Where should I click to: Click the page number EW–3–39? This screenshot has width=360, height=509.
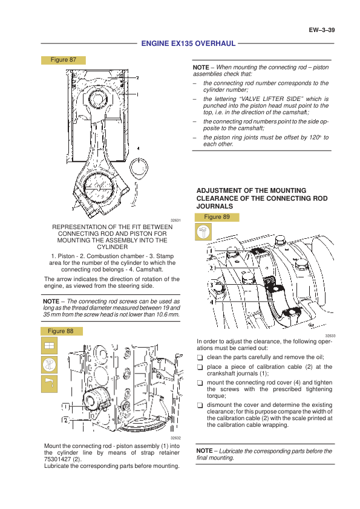322,30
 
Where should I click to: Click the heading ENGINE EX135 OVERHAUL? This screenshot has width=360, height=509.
188,44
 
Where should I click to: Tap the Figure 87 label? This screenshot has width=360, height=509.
64,60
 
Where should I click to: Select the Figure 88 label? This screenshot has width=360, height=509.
61,331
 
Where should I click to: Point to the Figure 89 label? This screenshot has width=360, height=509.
217,217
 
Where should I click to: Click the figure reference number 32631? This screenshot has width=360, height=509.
175,221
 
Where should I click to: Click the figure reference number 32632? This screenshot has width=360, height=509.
175,438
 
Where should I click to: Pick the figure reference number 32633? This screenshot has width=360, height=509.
330,336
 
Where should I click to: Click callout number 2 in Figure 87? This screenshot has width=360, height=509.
137,78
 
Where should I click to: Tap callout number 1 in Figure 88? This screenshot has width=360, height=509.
65,407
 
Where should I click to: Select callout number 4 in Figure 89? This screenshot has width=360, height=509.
212,302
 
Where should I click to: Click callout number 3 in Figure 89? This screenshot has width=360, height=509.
212,285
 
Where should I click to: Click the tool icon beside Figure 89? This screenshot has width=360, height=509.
203,232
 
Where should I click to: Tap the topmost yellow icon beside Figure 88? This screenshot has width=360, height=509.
49,345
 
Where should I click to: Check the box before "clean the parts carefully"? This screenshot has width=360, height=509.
200,358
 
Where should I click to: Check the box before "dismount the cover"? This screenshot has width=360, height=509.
200,406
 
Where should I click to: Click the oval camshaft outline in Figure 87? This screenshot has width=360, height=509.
139,168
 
